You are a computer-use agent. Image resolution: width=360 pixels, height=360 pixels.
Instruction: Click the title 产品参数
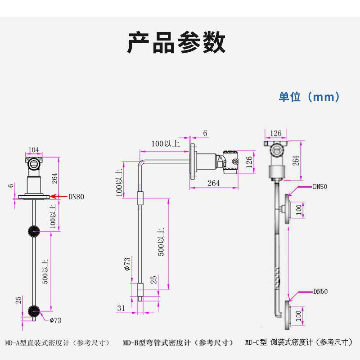coord(176,43)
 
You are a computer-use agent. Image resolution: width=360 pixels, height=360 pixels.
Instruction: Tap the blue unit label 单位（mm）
coord(309,97)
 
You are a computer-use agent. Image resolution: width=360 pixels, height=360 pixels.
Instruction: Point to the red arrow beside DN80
coord(58,196)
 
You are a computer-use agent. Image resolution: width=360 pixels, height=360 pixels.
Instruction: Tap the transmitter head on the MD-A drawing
coord(33,162)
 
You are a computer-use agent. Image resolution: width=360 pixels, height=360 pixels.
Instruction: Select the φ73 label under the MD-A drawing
coord(55,320)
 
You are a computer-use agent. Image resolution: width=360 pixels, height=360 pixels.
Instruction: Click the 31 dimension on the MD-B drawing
coord(121,308)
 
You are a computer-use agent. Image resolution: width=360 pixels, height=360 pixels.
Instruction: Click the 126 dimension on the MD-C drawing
coord(275,133)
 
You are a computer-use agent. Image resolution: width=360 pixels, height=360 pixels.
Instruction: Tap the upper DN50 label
coord(320,186)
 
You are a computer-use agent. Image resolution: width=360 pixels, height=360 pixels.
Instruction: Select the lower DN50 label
coord(320,292)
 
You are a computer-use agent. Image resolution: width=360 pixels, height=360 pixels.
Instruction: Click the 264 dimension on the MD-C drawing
coord(296,161)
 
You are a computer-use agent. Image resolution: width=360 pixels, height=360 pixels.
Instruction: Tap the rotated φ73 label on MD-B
coord(127,264)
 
